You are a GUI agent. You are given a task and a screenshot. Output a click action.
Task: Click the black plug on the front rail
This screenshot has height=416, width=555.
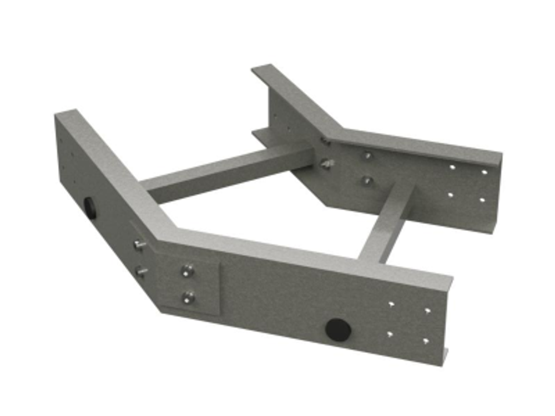point(338,329)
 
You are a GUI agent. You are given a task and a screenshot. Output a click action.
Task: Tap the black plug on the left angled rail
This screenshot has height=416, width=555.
point(89,206)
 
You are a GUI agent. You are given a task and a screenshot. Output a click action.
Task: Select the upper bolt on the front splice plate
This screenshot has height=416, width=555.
point(188,271)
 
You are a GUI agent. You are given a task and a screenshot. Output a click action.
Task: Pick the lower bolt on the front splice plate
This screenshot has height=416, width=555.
point(189,298)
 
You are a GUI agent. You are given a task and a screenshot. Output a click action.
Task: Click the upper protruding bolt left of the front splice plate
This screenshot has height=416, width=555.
point(139,244)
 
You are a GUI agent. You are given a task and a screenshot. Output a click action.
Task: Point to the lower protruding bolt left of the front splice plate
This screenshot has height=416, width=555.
point(141,271)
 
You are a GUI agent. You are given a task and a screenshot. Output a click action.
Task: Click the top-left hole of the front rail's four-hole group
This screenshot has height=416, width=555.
point(391,305)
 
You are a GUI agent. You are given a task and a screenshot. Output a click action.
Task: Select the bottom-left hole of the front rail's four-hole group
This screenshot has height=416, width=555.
point(390,334)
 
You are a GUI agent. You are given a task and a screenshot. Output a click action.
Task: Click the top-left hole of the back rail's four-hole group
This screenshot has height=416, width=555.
point(452,166)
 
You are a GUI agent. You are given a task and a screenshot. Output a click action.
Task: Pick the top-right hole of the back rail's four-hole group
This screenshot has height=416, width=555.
point(484,172)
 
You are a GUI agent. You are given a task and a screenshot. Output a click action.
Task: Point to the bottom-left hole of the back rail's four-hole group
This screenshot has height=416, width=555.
point(450,195)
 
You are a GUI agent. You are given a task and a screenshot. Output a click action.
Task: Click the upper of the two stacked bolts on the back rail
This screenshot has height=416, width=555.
point(366,156)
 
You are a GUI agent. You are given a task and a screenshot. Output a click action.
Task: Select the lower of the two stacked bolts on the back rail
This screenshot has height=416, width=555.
point(366,180)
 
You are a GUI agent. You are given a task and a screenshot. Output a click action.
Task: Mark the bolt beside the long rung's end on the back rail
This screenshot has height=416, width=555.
point(327,163)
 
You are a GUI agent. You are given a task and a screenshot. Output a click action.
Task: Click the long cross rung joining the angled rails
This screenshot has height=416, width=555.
point(228,172)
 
